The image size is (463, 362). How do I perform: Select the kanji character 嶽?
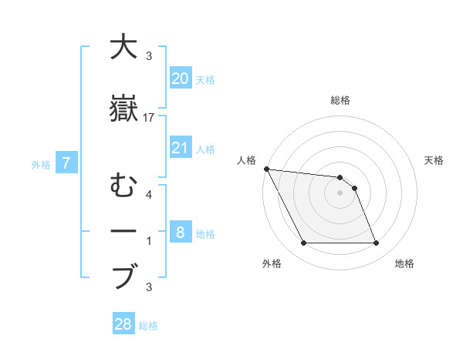click(x=124, y=108)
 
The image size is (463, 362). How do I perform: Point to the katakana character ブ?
click(x=124, y=276)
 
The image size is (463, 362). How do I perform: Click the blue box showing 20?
click(x=181, y=79)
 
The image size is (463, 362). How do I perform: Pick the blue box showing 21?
click(x=181, y=148)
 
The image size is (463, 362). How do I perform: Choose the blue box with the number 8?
click(x=181, y=233)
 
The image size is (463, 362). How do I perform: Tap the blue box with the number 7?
click(x=67, y=163)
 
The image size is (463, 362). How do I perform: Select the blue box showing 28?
click(x=123, y=324)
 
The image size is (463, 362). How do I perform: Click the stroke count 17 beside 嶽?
click(x=149, y=118)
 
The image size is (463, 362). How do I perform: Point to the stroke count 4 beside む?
click(x=149, y=195)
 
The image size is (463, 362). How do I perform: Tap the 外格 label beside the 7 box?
click(x=41, y=164)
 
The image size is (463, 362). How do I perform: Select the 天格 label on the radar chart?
click(x=434, y=160)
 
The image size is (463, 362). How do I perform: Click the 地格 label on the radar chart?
click(x=404, y=263)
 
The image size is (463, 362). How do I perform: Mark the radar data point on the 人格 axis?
click(x=266, y=169)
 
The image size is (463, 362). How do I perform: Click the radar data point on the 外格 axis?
click(x=303, y=243)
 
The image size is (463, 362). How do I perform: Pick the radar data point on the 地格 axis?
click(x=376, y=243)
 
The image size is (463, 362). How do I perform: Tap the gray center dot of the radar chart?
click(x=340, y=193)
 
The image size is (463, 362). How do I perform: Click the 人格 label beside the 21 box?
click(x=205, y=149)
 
